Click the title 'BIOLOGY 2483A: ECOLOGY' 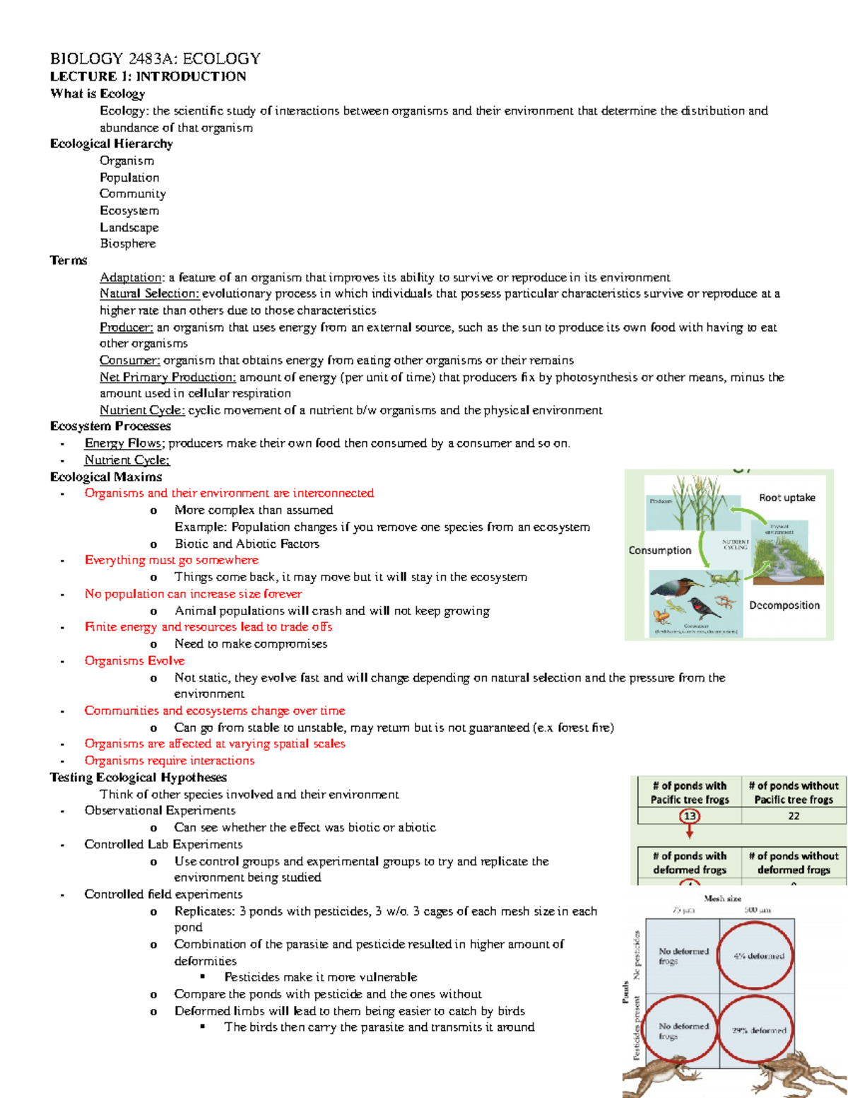155,59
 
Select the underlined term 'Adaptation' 131,277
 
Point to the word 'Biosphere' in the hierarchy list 127,243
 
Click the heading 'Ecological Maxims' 106,477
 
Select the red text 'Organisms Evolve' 134,660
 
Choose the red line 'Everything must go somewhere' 171,560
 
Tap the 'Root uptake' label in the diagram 787,498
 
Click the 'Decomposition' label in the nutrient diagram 784,605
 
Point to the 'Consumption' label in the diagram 659,550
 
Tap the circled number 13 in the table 689,816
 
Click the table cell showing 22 794,816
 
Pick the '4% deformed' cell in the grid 758,956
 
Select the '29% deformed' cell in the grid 758,1030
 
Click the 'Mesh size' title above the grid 722,899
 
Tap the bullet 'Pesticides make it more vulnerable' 320,977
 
